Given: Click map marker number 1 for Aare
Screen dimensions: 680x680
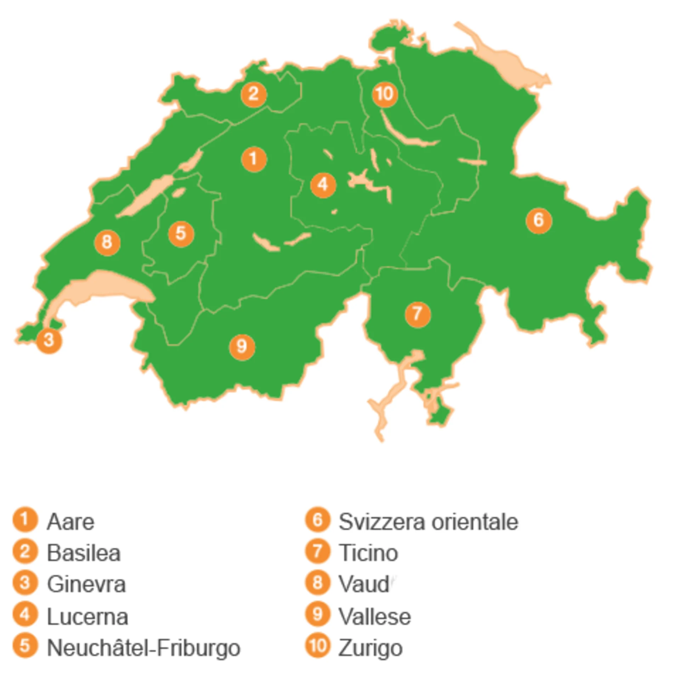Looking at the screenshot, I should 254,159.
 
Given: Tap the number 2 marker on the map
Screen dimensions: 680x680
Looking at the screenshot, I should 254,94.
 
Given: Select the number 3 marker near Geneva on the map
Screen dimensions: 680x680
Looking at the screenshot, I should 49,341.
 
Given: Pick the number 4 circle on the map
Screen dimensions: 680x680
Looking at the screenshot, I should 323,185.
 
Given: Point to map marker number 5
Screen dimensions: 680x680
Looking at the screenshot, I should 181,234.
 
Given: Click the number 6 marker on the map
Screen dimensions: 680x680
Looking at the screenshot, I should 539,221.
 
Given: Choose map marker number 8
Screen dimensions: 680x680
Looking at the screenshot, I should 107,243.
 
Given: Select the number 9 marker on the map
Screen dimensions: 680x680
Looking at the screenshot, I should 242,347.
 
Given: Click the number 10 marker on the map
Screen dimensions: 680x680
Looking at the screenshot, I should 385,94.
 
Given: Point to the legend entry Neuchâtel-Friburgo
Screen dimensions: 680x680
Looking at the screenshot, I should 144,648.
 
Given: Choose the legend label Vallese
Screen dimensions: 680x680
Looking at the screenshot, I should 375,617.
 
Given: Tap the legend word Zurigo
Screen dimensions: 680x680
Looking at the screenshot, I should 370,648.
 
